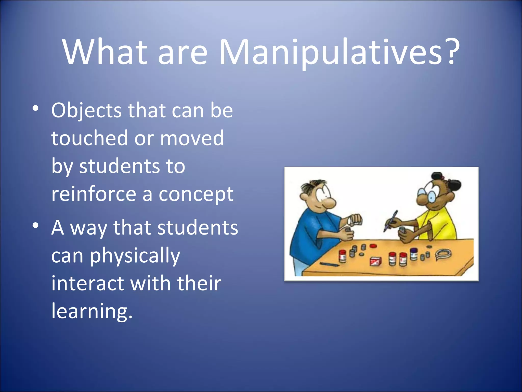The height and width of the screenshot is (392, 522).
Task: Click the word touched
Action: (89, 138)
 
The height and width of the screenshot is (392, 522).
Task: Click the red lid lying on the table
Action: (373, 246)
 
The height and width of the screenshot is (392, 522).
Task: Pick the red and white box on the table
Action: (376, 261)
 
